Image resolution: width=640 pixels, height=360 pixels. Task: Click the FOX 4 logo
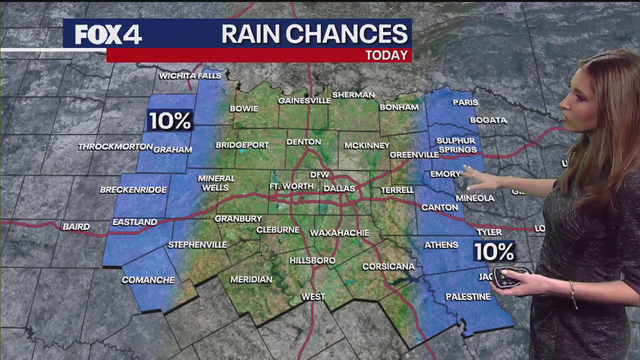108,34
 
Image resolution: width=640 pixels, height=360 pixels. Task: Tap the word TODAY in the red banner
386,55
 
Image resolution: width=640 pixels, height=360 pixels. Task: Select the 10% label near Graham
170,121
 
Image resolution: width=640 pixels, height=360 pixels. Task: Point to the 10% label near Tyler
494,252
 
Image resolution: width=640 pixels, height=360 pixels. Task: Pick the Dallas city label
339,189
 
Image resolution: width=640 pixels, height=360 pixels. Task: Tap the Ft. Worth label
291,186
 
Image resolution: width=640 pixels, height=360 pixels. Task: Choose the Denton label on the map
303,142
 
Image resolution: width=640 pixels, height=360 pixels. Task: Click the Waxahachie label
339,233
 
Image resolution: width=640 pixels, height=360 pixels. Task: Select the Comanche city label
148,280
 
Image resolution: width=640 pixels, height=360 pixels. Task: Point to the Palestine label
468,297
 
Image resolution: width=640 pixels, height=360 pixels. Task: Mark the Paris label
465,102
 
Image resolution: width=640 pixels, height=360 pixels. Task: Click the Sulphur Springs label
456,145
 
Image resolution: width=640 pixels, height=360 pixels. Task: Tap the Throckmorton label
115,147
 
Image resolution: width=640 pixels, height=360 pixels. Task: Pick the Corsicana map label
388,267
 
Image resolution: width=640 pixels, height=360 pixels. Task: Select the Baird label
76,227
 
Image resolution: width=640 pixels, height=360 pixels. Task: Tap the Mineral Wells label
216,183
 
